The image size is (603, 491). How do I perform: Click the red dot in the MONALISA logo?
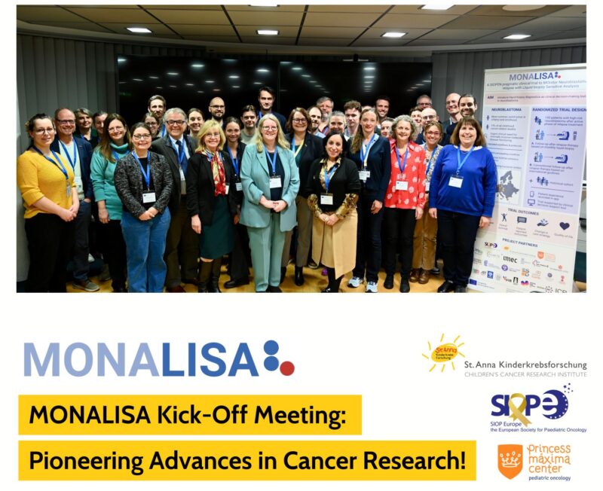[286, 367]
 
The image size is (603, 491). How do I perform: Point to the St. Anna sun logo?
[443, 352]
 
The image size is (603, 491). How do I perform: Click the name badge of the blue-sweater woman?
[455, 181]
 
